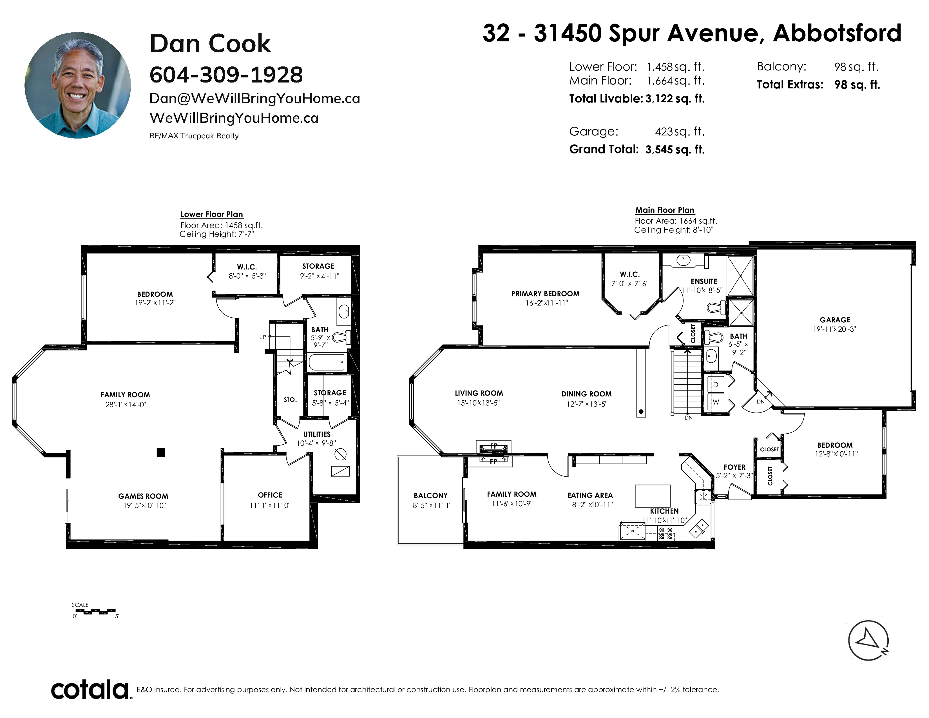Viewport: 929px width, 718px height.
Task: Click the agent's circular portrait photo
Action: (77, 85)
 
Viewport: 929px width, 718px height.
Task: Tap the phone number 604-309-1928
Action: (226, 75)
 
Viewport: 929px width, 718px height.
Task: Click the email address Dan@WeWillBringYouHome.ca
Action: (254, 98)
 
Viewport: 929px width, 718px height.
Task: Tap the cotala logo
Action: (90, 690)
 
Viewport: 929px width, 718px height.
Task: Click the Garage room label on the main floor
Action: (835, 320)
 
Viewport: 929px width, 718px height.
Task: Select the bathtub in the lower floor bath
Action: (326, 362)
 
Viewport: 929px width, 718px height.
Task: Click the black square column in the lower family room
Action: (161, 452)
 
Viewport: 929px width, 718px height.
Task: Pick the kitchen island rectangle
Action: (653, 496)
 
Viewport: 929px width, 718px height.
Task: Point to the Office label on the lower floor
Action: (270, 495)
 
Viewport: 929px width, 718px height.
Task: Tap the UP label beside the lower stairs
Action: (262, 337)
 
